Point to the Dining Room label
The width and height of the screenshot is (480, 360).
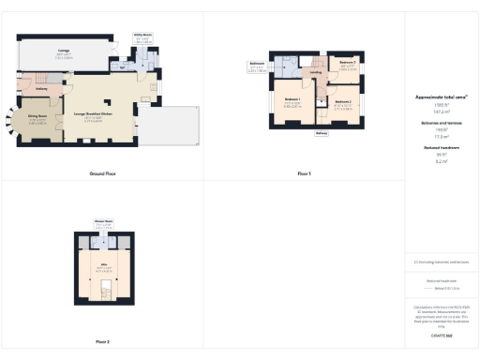point(37,116)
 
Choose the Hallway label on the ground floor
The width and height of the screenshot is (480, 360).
point(41,90)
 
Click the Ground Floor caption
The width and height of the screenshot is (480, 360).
point(102,174)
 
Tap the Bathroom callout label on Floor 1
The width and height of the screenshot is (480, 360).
point(257,64)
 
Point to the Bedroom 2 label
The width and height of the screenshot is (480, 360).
point(342,101)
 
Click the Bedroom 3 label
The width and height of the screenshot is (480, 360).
point(348,63)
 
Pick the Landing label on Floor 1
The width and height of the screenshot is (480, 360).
point(317,72)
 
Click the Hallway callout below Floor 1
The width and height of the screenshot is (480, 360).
point(322,133)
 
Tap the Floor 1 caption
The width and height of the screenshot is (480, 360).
point(304,174)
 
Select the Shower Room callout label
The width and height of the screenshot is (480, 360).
point(103,221)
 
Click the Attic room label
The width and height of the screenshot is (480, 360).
point(103,264)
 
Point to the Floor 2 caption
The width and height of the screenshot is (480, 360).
point(102,341)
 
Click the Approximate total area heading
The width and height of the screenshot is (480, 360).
point(441,97)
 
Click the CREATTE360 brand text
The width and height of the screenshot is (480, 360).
point(441,335)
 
